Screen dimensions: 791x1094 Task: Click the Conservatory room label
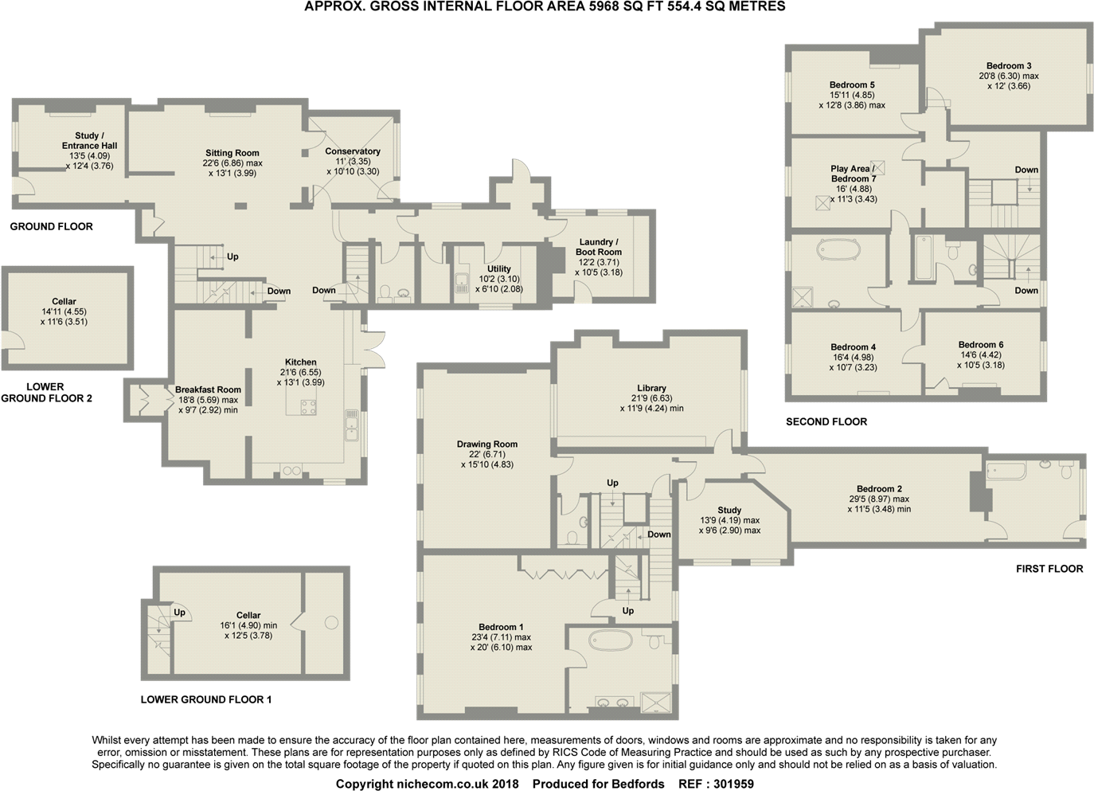pyautogui.click(x=353, y=151)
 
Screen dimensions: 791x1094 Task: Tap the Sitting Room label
pyautogui.click(x=232, y=153)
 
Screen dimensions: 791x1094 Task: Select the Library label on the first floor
pyautogui.click(x=651, y=388)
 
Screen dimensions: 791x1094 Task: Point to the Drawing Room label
pyautogui.click(x=487, y=444)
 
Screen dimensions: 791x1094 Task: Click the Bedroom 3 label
pyautogui.click(x=1009, y=66)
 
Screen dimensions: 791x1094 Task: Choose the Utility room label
pyautogui.click(x=499, y=269)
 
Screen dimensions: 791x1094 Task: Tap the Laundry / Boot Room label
pyautogui.click(x=598, y=247)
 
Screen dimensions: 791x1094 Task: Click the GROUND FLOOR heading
pyautogui.click(x=52, y=226)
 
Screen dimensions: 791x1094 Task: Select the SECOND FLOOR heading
pyautogui.click(x=826, y=421)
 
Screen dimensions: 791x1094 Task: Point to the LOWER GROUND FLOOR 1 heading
pyautogui.click(x=206, y=699)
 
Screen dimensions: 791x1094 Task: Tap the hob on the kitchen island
pyautogui.click(x=308, y=407)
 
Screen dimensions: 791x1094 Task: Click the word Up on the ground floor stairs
pyautogui.click(x=232, y=256)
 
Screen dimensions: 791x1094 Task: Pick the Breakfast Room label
pyautogui.click(x=208, y=390)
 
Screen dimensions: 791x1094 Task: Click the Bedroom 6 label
pyautogui.click(x=981, y=345)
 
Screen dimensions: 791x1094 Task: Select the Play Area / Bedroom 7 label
pyautogui.click(x=853, y=174)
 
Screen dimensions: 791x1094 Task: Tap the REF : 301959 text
pyautogui.click(x=716, y=784)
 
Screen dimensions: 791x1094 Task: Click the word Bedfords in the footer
pyautogui.click(x=638, y=784)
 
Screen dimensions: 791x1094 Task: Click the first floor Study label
pyautogui.click(x=729, y=510)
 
